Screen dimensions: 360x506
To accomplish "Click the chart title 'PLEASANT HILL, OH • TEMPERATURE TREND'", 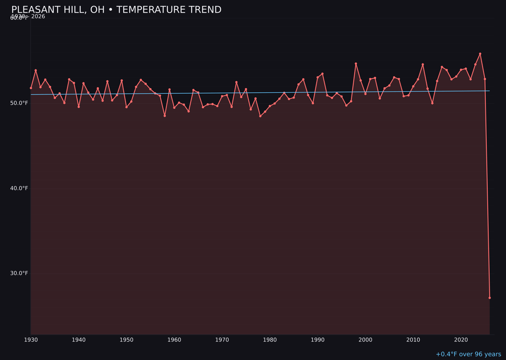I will (x=116, y=10).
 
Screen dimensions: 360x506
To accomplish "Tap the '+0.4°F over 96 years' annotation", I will (x=468, y=354).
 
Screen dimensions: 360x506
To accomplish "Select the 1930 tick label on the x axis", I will (x=31, y=340).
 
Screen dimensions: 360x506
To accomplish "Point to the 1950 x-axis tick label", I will (x=126, y=340).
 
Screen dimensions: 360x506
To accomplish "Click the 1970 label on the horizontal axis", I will (x=222, y=340).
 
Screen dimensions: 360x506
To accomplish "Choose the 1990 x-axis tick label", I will (x=318, y=340).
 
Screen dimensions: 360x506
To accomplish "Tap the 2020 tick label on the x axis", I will (x=461, y=340).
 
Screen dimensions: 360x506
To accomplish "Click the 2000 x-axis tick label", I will (x=365, y=340).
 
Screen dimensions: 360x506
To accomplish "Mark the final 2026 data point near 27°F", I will (x=490, y=298).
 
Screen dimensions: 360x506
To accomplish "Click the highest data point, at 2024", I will (x=480, y=54).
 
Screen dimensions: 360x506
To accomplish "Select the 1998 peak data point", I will (x=356, y=64).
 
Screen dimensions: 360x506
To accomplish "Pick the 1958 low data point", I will (x=164, y=116).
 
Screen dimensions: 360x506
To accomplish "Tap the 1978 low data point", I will (x=260, y=116).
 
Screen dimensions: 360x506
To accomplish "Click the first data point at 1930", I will (x=31, y=88).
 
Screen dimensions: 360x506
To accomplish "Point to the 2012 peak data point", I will (x=423, y=64).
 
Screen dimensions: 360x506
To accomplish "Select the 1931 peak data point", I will (x=36, y=70).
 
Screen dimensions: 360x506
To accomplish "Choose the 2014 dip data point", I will (x=432, y=103).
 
